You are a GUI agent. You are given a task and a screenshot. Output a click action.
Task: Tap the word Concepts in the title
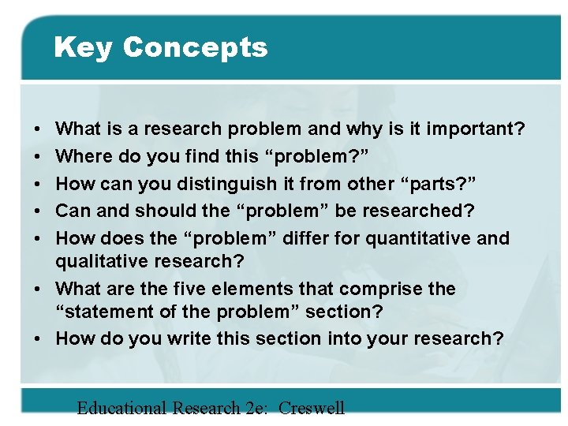click(195, 48)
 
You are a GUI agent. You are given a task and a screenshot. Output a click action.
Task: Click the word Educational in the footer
click(121, 408)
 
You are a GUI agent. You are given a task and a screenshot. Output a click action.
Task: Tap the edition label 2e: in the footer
click(253, 408)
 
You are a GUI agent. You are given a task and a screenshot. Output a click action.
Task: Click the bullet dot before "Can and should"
click(38, 211)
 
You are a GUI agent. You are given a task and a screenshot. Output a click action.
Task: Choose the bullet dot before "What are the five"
click(38, 289)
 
